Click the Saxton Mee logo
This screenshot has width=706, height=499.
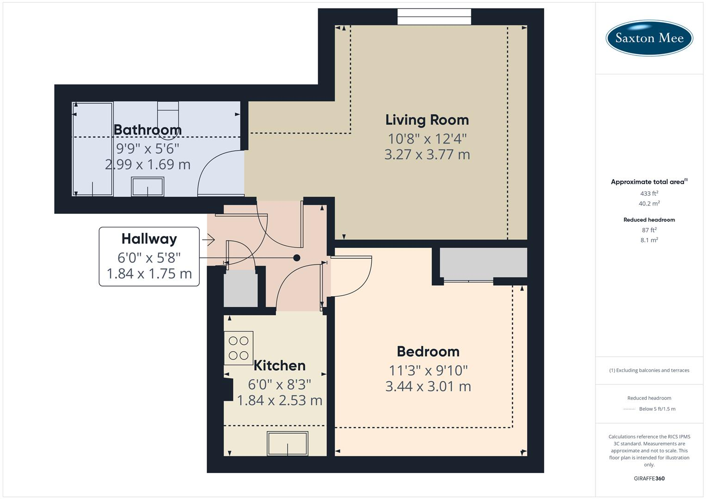649,38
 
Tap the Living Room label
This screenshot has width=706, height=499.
427,120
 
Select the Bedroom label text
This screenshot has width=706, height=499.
428,352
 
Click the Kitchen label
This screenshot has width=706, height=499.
279,365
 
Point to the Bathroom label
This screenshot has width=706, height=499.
147,130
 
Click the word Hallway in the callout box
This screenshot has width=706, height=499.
149,239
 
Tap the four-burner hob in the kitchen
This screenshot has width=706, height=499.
239,348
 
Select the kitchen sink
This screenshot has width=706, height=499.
288,444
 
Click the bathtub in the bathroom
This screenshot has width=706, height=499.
93,149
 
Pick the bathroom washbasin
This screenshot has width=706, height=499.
147,187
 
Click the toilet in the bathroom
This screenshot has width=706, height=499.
168,113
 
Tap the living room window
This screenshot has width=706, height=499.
434,17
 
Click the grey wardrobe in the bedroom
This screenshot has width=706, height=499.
483,262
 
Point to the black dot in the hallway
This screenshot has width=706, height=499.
297,258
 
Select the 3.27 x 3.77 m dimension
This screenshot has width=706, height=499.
427,154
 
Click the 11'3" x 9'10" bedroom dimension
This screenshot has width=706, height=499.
428,370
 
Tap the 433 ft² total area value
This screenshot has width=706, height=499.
649,194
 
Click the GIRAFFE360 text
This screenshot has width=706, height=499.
649,478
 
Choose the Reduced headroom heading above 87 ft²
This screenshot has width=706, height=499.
649,220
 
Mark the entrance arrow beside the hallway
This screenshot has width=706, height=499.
209,239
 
